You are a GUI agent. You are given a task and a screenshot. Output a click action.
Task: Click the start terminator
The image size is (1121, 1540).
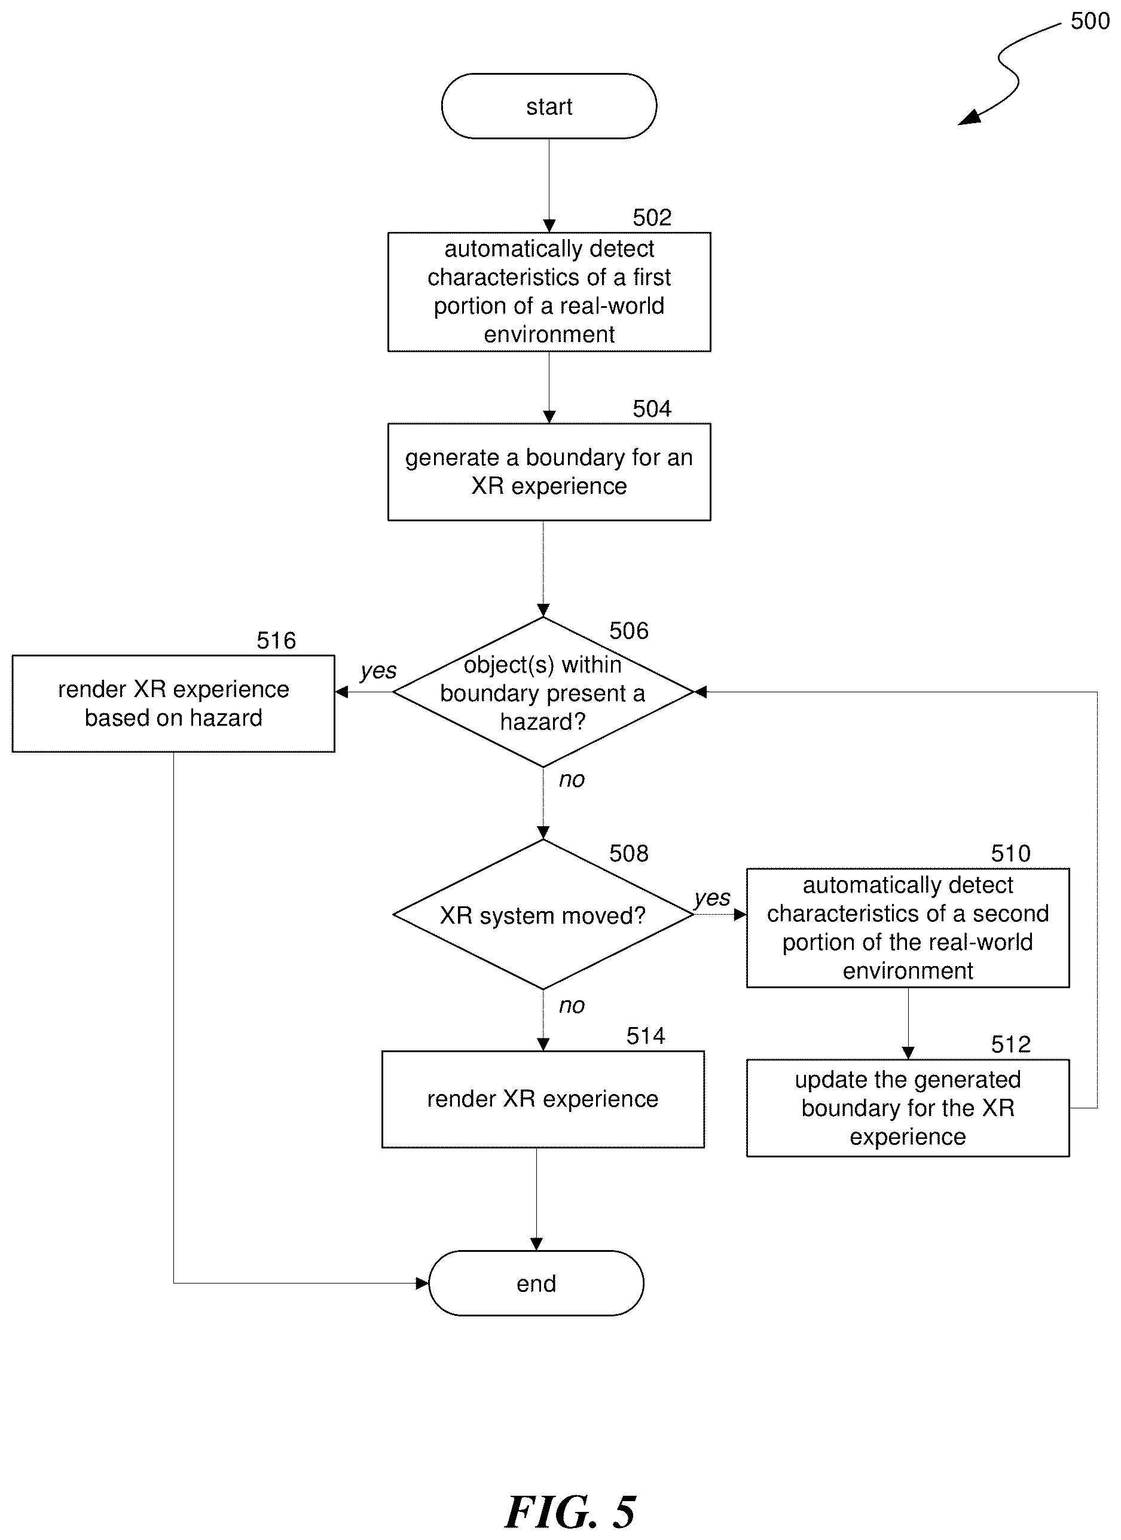549,106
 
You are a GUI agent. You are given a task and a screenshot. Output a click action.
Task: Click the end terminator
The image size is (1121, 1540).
536,1283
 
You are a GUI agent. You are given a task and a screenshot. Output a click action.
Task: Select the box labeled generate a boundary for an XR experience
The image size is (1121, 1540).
549,472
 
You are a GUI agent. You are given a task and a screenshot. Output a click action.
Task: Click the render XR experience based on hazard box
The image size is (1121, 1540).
173,704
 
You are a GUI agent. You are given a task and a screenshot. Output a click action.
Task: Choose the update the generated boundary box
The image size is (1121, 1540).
908,1107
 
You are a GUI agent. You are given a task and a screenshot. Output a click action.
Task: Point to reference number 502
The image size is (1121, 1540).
652,217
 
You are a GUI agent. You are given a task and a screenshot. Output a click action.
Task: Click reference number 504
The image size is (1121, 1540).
652,409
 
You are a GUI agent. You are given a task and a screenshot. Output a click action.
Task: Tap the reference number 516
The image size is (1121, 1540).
276,640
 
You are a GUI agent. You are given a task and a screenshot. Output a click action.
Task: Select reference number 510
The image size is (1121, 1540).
1010,854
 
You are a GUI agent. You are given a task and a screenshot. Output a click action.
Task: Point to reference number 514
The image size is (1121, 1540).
645,1035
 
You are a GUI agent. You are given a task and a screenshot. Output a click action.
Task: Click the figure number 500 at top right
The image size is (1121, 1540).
1090,21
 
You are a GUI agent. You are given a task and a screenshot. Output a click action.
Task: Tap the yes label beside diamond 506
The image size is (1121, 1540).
378,671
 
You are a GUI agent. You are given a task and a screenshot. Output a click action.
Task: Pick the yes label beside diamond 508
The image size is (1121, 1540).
711,898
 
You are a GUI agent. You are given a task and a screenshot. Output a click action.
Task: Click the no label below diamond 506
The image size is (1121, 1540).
571,780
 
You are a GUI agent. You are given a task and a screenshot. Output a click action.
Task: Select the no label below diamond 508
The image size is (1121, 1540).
571,1006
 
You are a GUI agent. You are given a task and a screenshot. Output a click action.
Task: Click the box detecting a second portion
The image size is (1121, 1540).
908,928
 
